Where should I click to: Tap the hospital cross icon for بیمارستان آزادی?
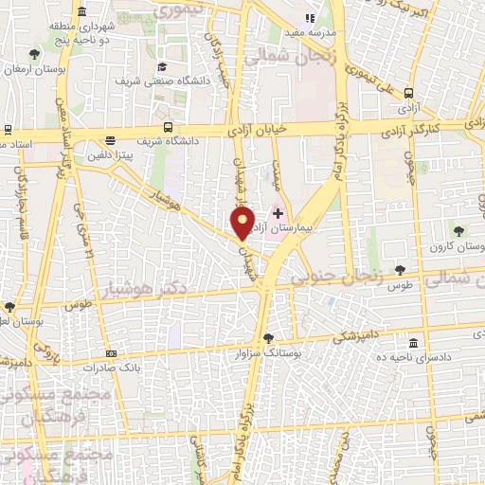(x=277, y=213)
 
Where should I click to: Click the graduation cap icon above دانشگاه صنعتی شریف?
(x=163, y=66)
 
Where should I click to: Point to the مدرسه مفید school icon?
(x=308, y=17)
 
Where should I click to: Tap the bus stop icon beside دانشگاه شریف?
(x=168, y=128)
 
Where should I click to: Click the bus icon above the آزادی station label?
(x=408, y=93)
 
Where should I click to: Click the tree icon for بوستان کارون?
(x=458, y=230)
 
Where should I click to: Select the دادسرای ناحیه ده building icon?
(x=412, y=343)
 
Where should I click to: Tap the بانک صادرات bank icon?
(x=111, y=352)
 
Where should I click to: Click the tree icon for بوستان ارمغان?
(x=35, y=55)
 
